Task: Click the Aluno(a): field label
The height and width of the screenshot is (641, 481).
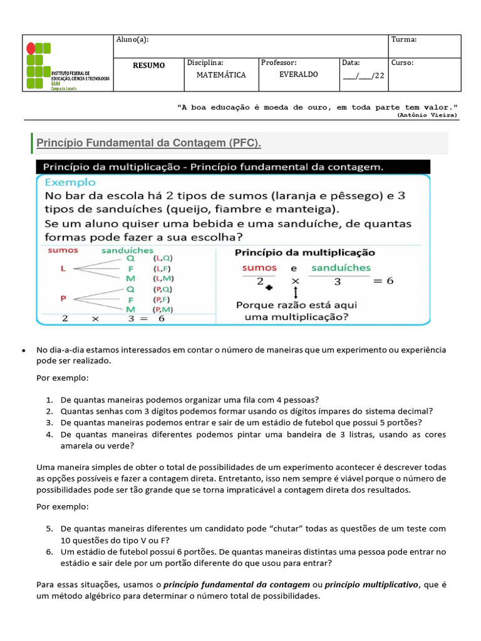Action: (x=132, y=40)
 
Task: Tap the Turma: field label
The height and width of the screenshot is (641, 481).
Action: (x=404, y=40)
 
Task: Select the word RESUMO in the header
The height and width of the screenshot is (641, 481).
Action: (x=149, y=66)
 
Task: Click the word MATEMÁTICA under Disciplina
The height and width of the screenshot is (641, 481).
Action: (x=221, y=75)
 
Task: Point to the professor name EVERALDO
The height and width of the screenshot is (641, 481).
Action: (x=298, y=74)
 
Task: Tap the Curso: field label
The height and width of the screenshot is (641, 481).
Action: (x=402, y=63)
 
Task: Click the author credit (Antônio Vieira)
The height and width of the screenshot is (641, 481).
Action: (x=427, y=115)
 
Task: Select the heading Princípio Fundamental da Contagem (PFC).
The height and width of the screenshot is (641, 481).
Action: (x=148, y=143)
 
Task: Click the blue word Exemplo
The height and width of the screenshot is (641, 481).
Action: (x=70, y=182)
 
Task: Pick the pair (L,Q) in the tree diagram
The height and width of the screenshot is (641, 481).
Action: (x=163, y=257)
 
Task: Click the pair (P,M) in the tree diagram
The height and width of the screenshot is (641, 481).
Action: (x=163, y=309)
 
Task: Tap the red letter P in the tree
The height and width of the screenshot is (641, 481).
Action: (x=63, y=299)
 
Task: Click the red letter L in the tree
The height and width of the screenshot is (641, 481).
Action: (x=63, y=268)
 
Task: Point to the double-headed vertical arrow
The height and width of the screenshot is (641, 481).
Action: (x=295, y=291)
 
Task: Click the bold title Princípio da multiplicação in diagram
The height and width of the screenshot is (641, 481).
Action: (x=305, y=253)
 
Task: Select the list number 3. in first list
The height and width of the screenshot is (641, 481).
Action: (x=50, y=423)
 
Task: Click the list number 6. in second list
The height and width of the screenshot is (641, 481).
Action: (x=49, y=551)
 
